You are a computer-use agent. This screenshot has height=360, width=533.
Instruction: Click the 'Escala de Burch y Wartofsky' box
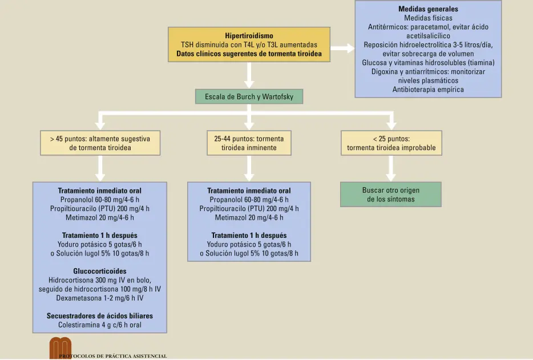pyautogui.click(x=249, y=96)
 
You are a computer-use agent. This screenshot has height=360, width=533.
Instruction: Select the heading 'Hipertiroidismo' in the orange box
pyautogui.click(x=249, y=36)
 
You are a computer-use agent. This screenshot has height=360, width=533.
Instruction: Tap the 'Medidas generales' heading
pyautogui.click(x=428, y=9)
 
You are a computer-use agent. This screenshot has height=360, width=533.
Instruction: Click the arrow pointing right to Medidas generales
pyautogui.click(x=342, y=48)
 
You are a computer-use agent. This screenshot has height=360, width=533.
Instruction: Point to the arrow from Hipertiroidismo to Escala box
pyautogui.click(x=249, y=75)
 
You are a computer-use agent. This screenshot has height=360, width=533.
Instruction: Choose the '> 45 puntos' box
pyautogui.click(x=100, y=143)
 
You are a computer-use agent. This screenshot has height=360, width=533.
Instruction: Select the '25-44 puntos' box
pyautogui.click(x=249, y=143)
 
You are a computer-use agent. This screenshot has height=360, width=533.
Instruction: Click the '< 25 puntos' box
pyautogui.click(x=391, y=143)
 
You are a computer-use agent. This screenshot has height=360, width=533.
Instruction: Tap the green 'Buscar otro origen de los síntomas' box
pyautogui.click(x=390, y=195)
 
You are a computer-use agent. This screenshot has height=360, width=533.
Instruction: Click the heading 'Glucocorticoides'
pyautogui.click(x=100, y=271)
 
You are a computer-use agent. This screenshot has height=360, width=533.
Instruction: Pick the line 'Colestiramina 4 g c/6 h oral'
pyautogui.click(x=100, y=325)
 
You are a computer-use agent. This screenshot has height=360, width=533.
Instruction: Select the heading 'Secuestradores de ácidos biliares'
pyautogui.click(x=100, y=316)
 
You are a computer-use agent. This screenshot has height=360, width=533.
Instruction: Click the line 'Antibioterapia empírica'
pyautogui.click(x=428, y=90)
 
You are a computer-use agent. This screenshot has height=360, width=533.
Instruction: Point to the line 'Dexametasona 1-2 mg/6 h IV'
pyautogui.click(x=100, y=298)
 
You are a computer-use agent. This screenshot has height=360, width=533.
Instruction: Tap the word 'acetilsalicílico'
pyautogui.click(x=428, y=36)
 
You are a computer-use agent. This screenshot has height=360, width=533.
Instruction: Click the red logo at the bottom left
pyautogui.click(x=60, y=348)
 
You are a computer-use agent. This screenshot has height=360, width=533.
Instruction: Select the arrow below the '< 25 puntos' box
pyautogui.click(x=391, y=168)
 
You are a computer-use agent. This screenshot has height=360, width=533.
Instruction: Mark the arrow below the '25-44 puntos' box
pyautogui.click(x=249, y=168)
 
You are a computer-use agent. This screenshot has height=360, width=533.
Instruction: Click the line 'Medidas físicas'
pyautogui.click(x=428, y=18)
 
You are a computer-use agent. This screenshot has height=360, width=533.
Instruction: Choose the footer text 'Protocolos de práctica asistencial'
pyautogui.click(x=113, y=356)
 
